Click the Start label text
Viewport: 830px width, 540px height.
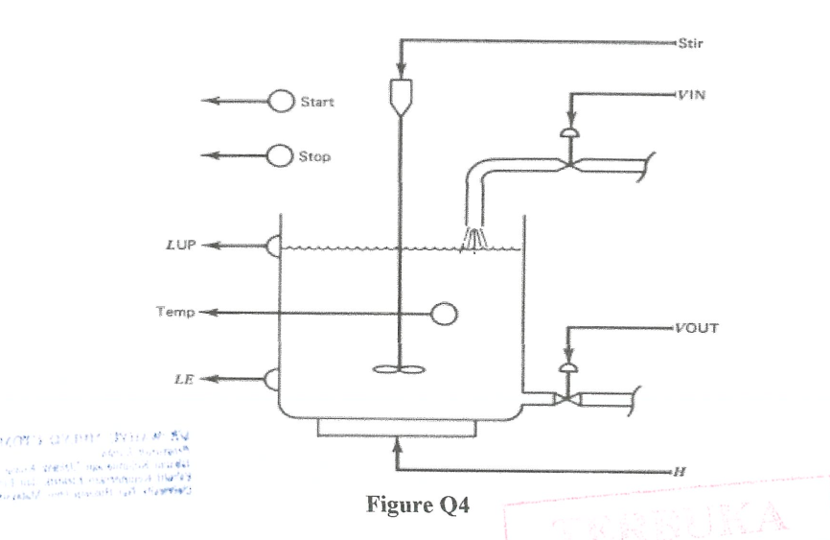pyautogui.click(x=317, y=102)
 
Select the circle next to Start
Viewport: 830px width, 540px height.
pyautogui.click(x=280, y=101)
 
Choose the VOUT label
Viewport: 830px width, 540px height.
pyautogui.click(x=695, y=328)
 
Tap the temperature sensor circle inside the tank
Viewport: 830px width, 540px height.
pyautogui.click(x=445, y=313)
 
